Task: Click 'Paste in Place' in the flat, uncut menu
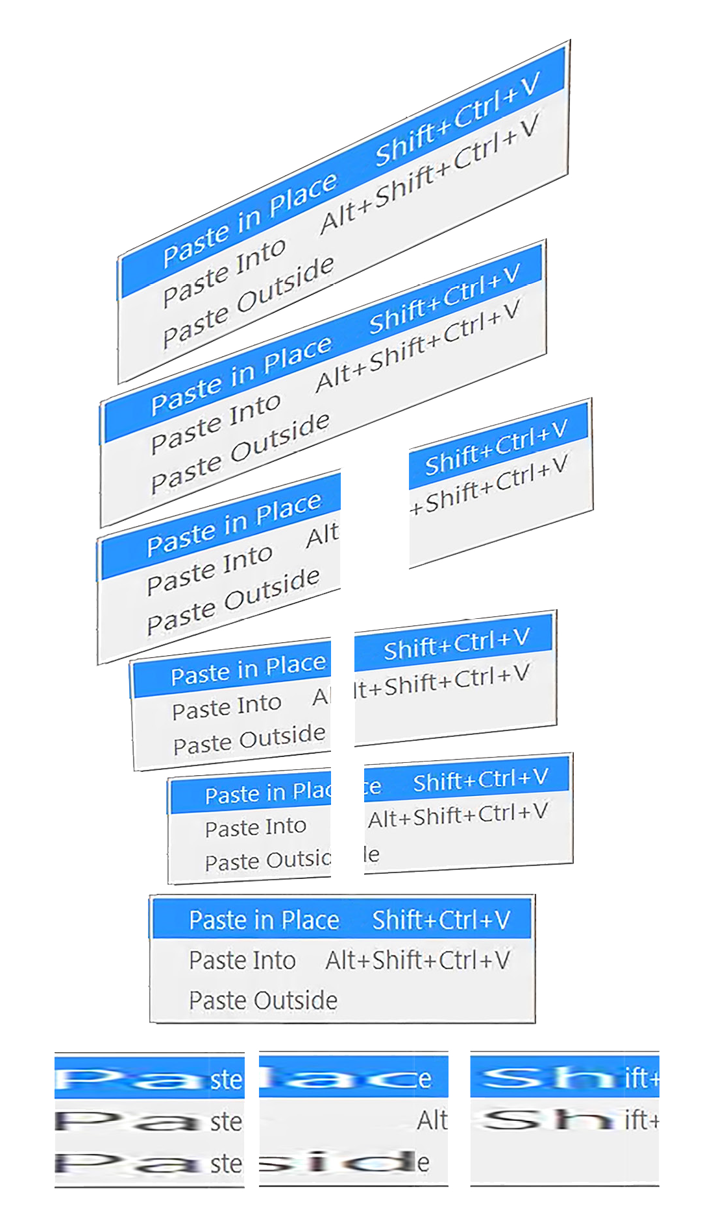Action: [x=264, y=920]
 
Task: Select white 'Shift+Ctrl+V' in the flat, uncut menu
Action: [x=441, y=920]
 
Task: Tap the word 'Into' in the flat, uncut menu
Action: [x=275, y=961]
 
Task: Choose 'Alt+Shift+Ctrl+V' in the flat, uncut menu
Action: [x=417, y=961]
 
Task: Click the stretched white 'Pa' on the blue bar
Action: [x=130, y=1079]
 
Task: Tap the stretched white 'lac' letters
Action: [x=338, y=1079]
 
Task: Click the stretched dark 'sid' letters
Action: [x=338, y=1162]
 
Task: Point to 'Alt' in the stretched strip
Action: [x=432, y=1120]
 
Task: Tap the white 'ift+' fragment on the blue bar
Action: [x=642, y=1079]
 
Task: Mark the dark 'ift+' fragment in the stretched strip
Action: [x=642, y=1120]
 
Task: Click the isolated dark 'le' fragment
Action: [x=372, y=854]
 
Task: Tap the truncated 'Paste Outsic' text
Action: [x=268, y=861]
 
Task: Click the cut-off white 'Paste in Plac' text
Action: [x=268, y=793]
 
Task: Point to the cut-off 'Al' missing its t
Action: [x=322, y=697]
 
